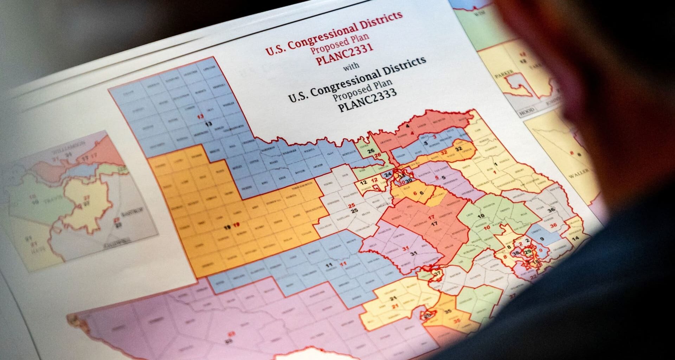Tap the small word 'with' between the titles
[x=351, y=66]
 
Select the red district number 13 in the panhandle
[x=200, y=117]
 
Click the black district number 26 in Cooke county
[x=371, y=151]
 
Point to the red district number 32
[x=444, y=153]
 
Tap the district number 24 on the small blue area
[x=388, y=175]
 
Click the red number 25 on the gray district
[x=351, y=205]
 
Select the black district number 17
[x=435, y=224]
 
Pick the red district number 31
[x=406, y=248]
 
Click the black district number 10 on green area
[x=481, y=216]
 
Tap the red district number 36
[x=553, y=225]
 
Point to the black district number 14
[x=576, y=239]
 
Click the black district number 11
[x=329, y=265]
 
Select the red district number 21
[x=395, y=307]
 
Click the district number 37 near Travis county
[x=437, y=273]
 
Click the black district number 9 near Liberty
[x=542, y=239]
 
